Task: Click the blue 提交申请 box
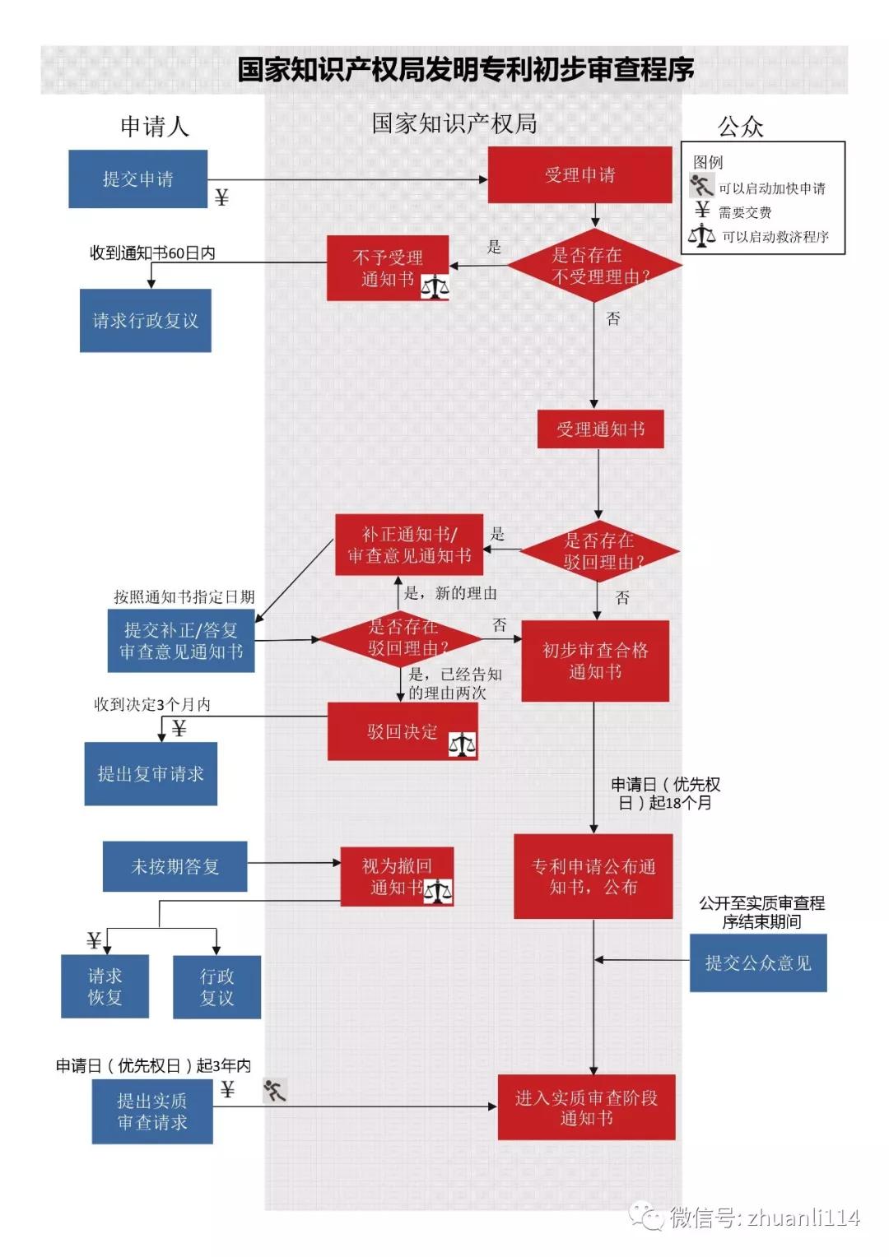pyautogui.click(x=137, y=179)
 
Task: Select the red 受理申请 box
pyautogui.click(x=579, y=174)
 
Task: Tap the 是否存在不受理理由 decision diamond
pyautogui.click(x=594, y=266)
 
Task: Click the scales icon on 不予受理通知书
pyautogui.click(x=435, y=287)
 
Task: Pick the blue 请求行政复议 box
pyautogui.click(x=145, y=320)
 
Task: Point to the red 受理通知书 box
pyautogui.click(x=600, y=429)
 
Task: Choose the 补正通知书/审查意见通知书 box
pyautogui.click(x=408, y=545)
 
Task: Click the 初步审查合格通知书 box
pyautogui.click(x=594, y=661)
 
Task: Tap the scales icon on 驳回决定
pyautogui.click(x=462, y=744)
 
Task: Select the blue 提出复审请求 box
pyautogui.click(x=151, y=773)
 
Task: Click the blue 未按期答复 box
pyautogui.click(x=175, y=866)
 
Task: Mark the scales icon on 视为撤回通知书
pyautogui.click(x=438, y=891)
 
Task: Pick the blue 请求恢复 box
pyautogui.click(x=105, y=986)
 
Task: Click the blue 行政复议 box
pyautogui.click(x=216, y=986)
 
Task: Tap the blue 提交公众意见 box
pyautogui.click(x=757, y=962)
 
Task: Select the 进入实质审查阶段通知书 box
pyautogui.click(x=586, y=1106)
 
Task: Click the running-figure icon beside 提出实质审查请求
pyautogui.click(x=275, y=1091)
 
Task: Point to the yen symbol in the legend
pyautogui.click(x=701, y=210)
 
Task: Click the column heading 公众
pyautogui.click(x=740, y=126)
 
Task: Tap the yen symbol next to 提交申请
pyautogui.click(x=221, y=197)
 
